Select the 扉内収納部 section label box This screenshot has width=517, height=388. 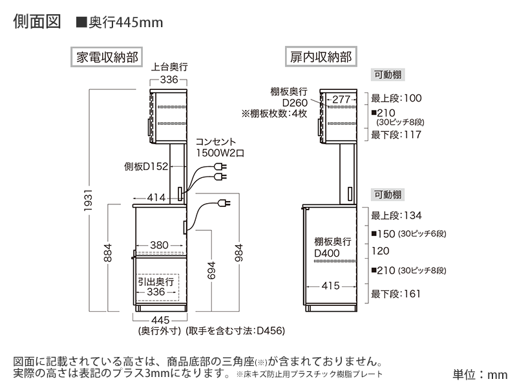[x=321, y=56]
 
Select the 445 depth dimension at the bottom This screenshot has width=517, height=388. [x=160, y=319]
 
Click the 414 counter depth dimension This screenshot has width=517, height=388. [x=156, y=197]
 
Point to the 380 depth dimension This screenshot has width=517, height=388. [x=159, y=245]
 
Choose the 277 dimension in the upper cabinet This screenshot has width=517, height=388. [x=341, y=99]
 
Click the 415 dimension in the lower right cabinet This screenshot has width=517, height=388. [x=330, y=285]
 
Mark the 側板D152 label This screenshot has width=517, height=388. [x=146, y=166]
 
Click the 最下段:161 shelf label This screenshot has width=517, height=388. [x=396, y=294]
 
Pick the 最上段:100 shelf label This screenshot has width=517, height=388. [x=396, y=98]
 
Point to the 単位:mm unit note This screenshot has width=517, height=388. [x=480, y=374]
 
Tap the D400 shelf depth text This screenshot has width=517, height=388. [x=327, y=253]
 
